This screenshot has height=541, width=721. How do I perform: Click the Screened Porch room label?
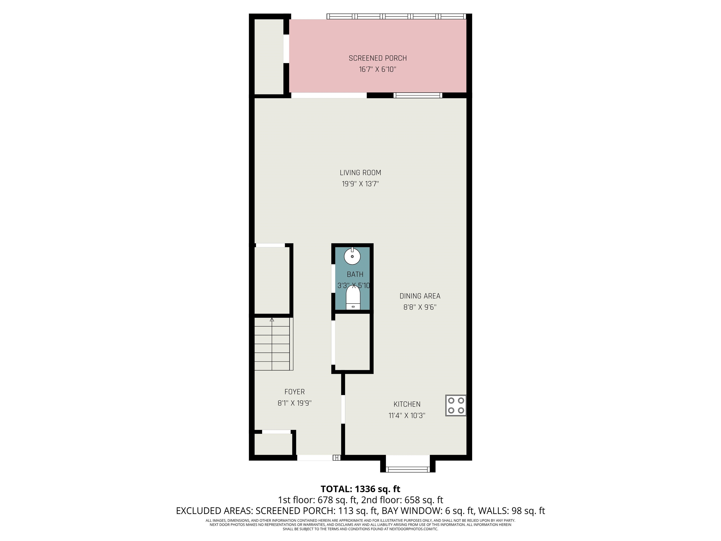click(x=378, y=58)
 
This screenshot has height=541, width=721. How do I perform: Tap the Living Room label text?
click(x=360, y=173)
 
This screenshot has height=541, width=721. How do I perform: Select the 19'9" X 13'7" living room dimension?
click(x=360, y=184)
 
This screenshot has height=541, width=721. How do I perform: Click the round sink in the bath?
click(x=352, y=256)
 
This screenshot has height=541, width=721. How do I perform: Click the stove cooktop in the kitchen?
click(x=456, y=405)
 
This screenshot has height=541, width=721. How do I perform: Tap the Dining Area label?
click(x=420, y=296)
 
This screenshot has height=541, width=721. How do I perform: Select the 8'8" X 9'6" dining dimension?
click(x=420, y=307)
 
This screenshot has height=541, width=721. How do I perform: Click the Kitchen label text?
click(x=407, y=404)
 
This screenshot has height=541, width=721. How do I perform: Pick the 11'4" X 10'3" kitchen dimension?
click(x=407, y=415)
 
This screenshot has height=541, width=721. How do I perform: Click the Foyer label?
click(x=295, y=392)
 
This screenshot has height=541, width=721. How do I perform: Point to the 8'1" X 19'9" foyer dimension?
click(x=295, y=403)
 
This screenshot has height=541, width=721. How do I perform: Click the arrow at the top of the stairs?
click(x=272, y=320)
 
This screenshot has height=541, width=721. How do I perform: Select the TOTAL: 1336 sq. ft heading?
click(x=360, y=489)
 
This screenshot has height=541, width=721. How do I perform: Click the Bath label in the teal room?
click(x=355, y=274)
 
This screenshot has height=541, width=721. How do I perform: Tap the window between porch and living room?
click(x=418, y=95)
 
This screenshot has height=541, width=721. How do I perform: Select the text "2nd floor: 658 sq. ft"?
click(x=402, y=500)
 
